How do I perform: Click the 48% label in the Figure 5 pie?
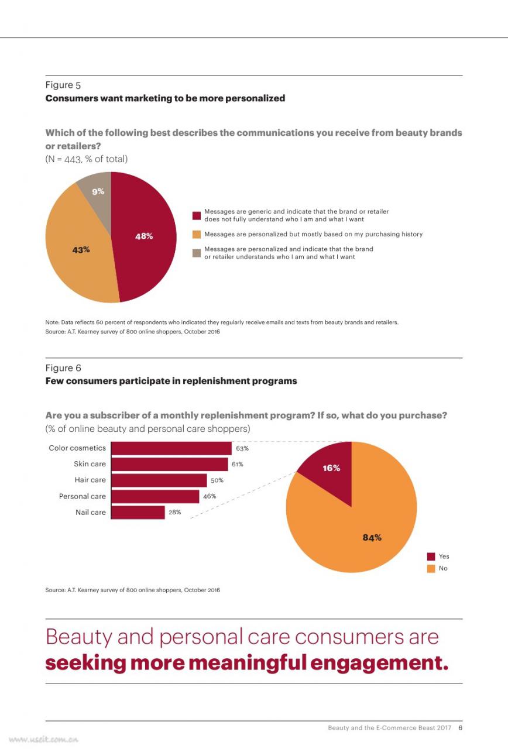[x=144, y=236]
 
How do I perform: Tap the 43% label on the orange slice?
[x=81, y=250]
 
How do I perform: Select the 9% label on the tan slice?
[x=98, y=191]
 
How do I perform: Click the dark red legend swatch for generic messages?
[x=197, y=216]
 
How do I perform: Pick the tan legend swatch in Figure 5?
[x=197, y=253]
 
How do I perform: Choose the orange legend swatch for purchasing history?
[x=197, y=235]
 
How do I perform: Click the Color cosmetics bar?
[x=171, y=448]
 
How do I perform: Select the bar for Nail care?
[x=138, y=512]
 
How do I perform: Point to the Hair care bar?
[x=159, y=480]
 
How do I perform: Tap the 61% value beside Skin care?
[x=238, y=464]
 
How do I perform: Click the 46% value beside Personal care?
[x=210, y=496]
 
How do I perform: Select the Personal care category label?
[x=83, y=496]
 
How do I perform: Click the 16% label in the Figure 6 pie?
[x=331, y=468]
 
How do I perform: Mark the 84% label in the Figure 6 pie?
[x=372, y=538]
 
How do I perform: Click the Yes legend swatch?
[x=431, y=556]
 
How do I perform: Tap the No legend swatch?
[x=431, y=568]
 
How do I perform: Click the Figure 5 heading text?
[x=63, y=85]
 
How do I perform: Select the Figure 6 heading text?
[x=63, y=368]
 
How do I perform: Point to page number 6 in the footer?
[x=461, y=728]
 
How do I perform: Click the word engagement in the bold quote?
[x=379, y=664]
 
